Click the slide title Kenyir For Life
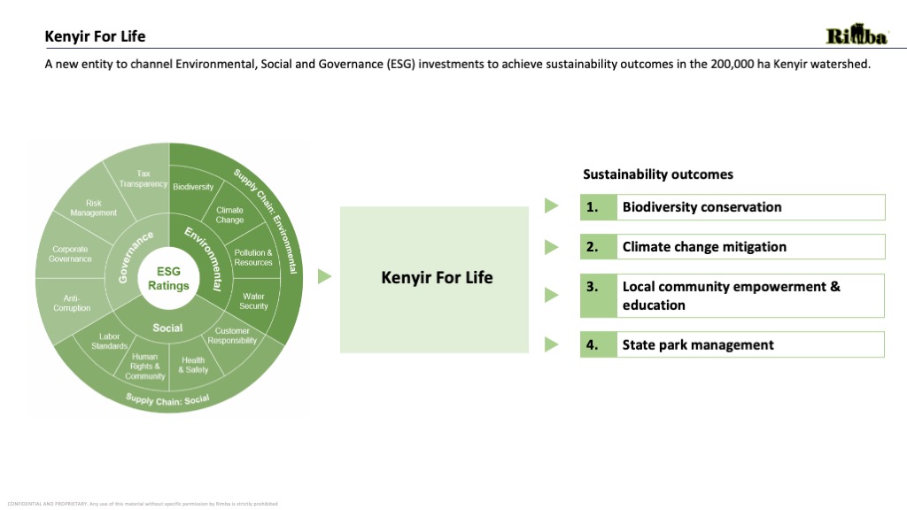point(96,36)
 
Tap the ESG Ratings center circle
point(168,278)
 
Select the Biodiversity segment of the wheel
point(192,187)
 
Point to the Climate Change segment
point(229,214)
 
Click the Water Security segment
point(253,301)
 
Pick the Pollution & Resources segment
point(253,257)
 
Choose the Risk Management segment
point(93,208)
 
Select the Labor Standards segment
point(110,341)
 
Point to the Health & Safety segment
point(193,364)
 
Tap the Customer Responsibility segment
point(232,335)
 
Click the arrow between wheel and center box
point(324,277)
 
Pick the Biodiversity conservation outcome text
point(702,207)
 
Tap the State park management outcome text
point(698,344)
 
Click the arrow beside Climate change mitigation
point(552,246)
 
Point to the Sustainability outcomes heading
point(658,174)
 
